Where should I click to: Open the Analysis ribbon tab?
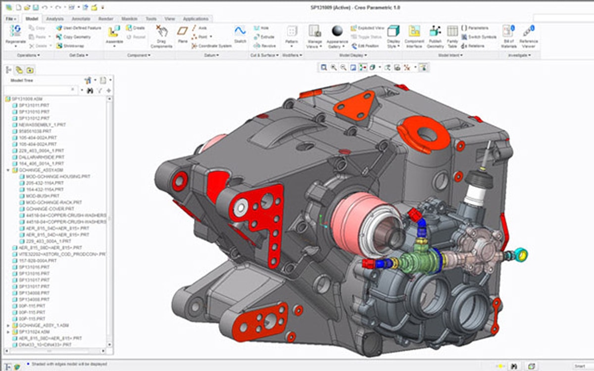click(54, 19)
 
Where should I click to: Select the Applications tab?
click(196, 19)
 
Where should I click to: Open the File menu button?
click(11, 19)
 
